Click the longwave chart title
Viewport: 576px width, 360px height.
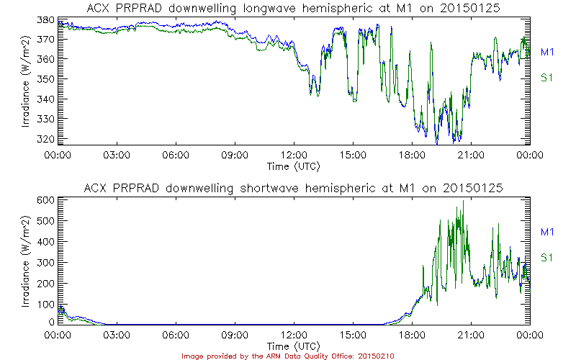point(293,7)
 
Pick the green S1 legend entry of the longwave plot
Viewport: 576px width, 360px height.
point(546,78)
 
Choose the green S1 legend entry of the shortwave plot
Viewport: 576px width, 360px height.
point(546,258)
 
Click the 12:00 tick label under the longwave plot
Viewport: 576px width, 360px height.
point(294,155)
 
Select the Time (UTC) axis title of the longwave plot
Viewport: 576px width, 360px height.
point(294,166)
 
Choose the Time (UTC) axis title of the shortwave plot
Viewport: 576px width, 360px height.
point(294,346)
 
